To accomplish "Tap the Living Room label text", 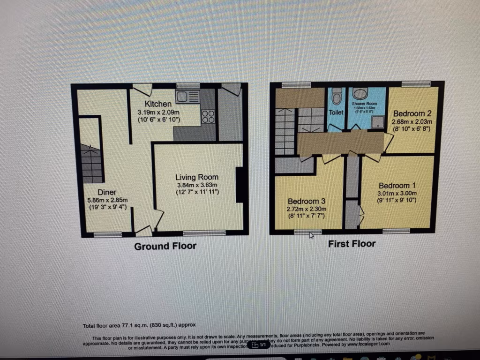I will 197,177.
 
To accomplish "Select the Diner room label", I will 107,192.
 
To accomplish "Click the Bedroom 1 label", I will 397,185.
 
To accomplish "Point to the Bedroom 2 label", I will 412,113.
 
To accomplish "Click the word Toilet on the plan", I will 336,112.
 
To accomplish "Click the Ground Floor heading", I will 165,246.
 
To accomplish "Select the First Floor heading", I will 352,244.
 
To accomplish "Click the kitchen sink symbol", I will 187,97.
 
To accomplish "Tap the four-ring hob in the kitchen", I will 208,117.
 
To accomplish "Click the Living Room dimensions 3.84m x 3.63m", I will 197,185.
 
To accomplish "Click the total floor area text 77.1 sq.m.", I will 139,324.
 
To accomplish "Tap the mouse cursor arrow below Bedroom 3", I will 311,235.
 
